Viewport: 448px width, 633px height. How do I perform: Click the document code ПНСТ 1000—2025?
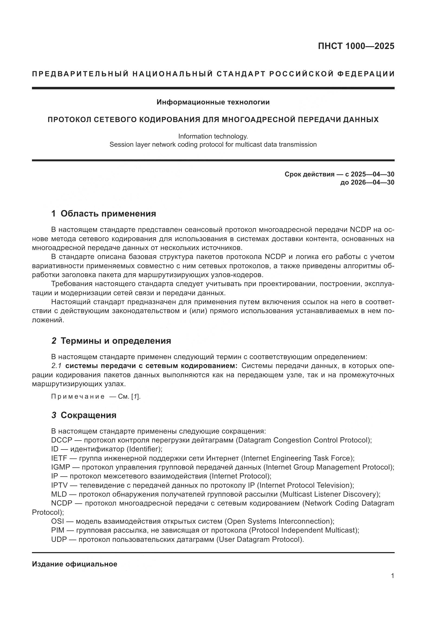(x=356, y=46)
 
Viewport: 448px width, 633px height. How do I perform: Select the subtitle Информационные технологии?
(x=213, y=102)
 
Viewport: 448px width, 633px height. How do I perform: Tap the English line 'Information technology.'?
(x=213, y=136)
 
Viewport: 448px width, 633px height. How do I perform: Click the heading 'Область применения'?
(x=108, y=214)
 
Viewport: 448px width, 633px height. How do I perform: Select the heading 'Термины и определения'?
(x=116, y=341)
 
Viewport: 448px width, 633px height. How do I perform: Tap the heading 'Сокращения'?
(x=88, y=415)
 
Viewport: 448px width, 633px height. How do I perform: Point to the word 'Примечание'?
(x=78, y=397)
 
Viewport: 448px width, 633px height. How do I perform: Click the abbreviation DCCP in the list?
(x=61, y=440)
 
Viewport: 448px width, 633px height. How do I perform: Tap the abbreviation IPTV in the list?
(x=59, y=486)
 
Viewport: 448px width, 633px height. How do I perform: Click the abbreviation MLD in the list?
(x=59, y=494)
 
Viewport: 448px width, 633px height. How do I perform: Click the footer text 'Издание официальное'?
(x=74, y=564)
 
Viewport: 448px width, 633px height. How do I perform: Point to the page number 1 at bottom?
(x=392, y=576)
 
